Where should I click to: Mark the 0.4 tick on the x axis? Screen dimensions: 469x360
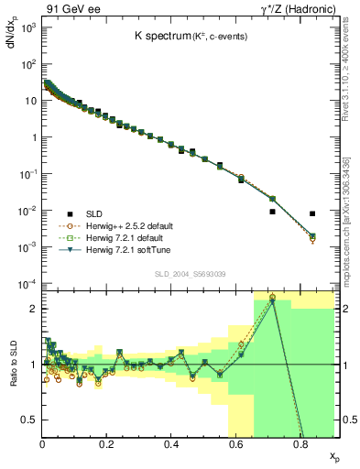click(x=171, y=444)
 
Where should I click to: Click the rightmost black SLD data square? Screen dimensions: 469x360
click(x=312, y=214)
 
